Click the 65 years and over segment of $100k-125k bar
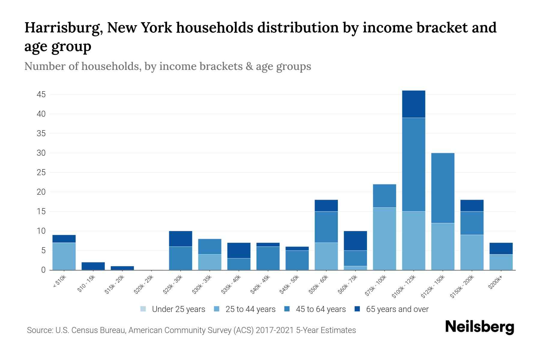pyautogui.click(x=413, y=104)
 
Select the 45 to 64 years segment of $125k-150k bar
pyautogui.click(x=442, y=188)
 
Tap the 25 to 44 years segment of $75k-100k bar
pyautogui.click(x=384, y=239)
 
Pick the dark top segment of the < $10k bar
pyautogui.click(x=64, y=239)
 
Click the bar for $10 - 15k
pyautogui.click(x=93, y=266)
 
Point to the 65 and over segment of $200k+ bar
pyautogui.click(x=501, y=249)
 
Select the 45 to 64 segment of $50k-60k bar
pyautogui.click(x=326, y=227)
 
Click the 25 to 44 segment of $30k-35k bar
pyautogui.click(x=210, y=262)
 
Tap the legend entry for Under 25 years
pyautogui.click(x=173, y=309)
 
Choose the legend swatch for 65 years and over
pyautogui.click(x=357, y=309)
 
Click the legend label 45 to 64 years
pyautogui.click(x=321, y=309)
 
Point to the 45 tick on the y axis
pyautogui.click(x=41, y=95)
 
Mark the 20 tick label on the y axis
pyautogui.click(x=41, y=192)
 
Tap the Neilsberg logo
pyautogui.click(x=479, y=327)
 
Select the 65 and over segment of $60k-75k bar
pyautogui.click(x=355, y=241)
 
